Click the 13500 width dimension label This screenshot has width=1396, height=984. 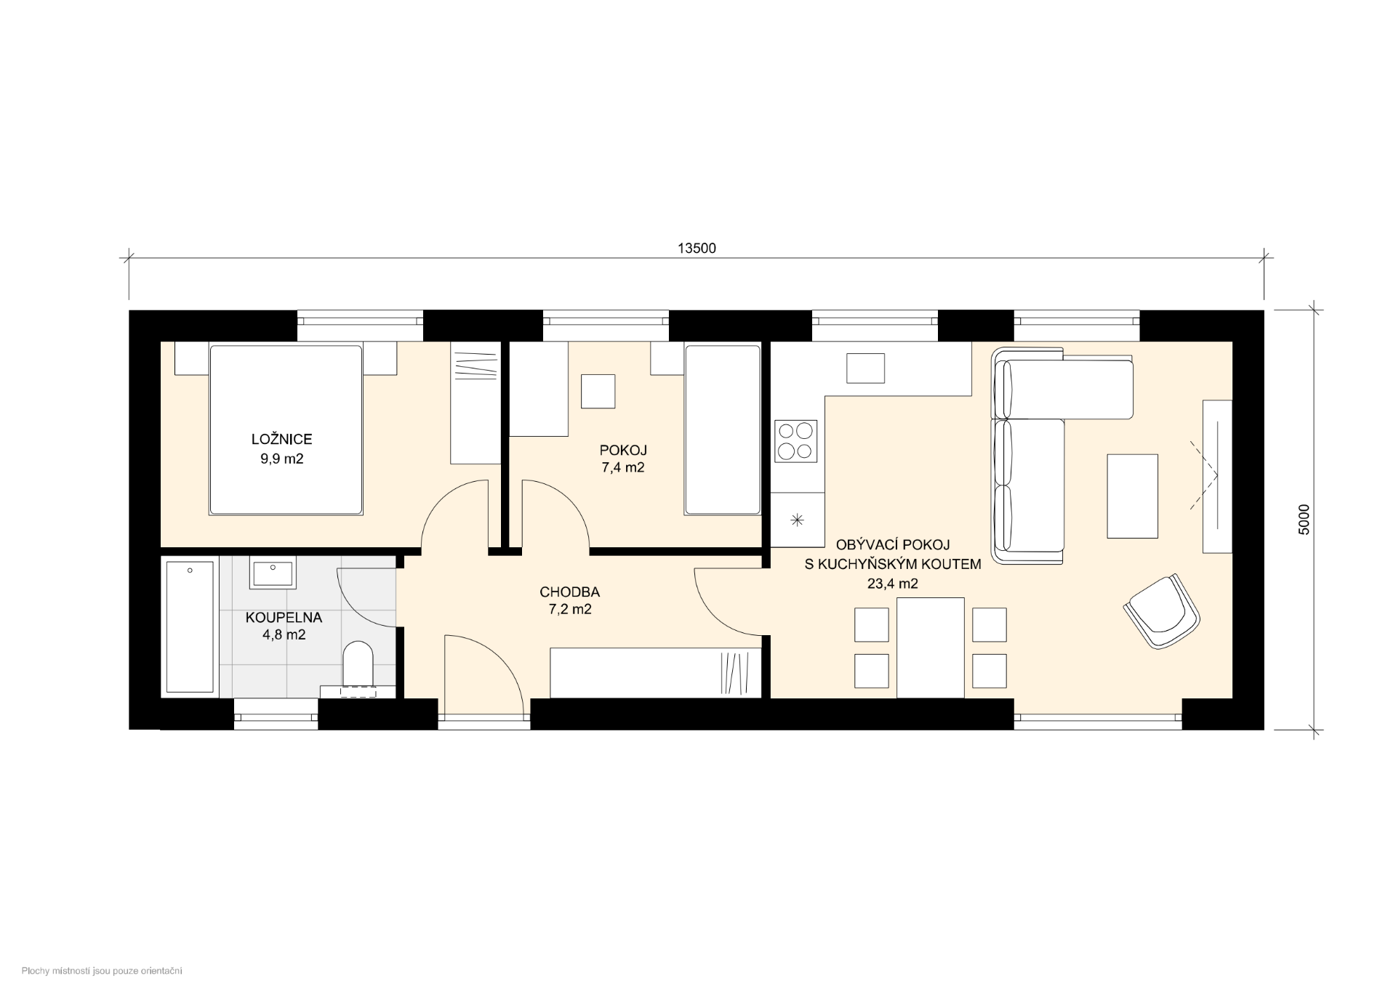point(697,249)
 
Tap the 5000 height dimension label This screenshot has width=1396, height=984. point(1304,520)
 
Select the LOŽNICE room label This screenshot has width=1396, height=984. point(281,440)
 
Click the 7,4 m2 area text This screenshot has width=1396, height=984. point(622,468)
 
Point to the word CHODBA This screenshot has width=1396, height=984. point(569,593)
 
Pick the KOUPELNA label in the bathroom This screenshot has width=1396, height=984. point(284,618)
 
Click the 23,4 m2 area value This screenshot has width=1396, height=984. point(892,584)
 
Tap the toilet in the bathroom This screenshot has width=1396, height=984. point(357,663)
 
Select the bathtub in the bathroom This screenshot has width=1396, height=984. point(190,626)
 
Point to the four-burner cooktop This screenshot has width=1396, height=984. point(795,440)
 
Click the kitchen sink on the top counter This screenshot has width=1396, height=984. point(865,368)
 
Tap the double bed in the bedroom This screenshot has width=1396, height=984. point(286,430)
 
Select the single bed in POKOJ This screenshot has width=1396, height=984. point(723,430)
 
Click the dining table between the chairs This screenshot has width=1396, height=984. point(931,648)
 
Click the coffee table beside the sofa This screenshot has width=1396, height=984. point(1132,496)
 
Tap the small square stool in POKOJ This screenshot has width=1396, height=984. point(598,392)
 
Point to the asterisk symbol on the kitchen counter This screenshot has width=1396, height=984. point(798,520)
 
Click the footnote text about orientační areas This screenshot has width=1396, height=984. point(102,971)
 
